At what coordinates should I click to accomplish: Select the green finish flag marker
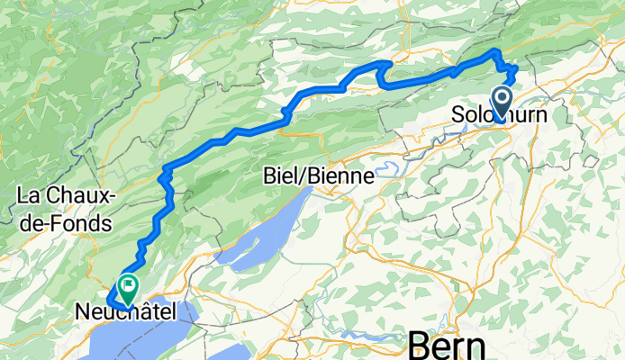pyautogui.click(x=128, y=287)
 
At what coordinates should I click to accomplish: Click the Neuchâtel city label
pyautogui.click(x=124, y=312)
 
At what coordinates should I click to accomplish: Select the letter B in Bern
pyautogui.click(x=421, y=345)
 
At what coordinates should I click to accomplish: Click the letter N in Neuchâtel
pyautogui.click(x=81, y=312)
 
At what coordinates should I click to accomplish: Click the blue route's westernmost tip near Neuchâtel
pyautogui.click(x=108, y=300)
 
